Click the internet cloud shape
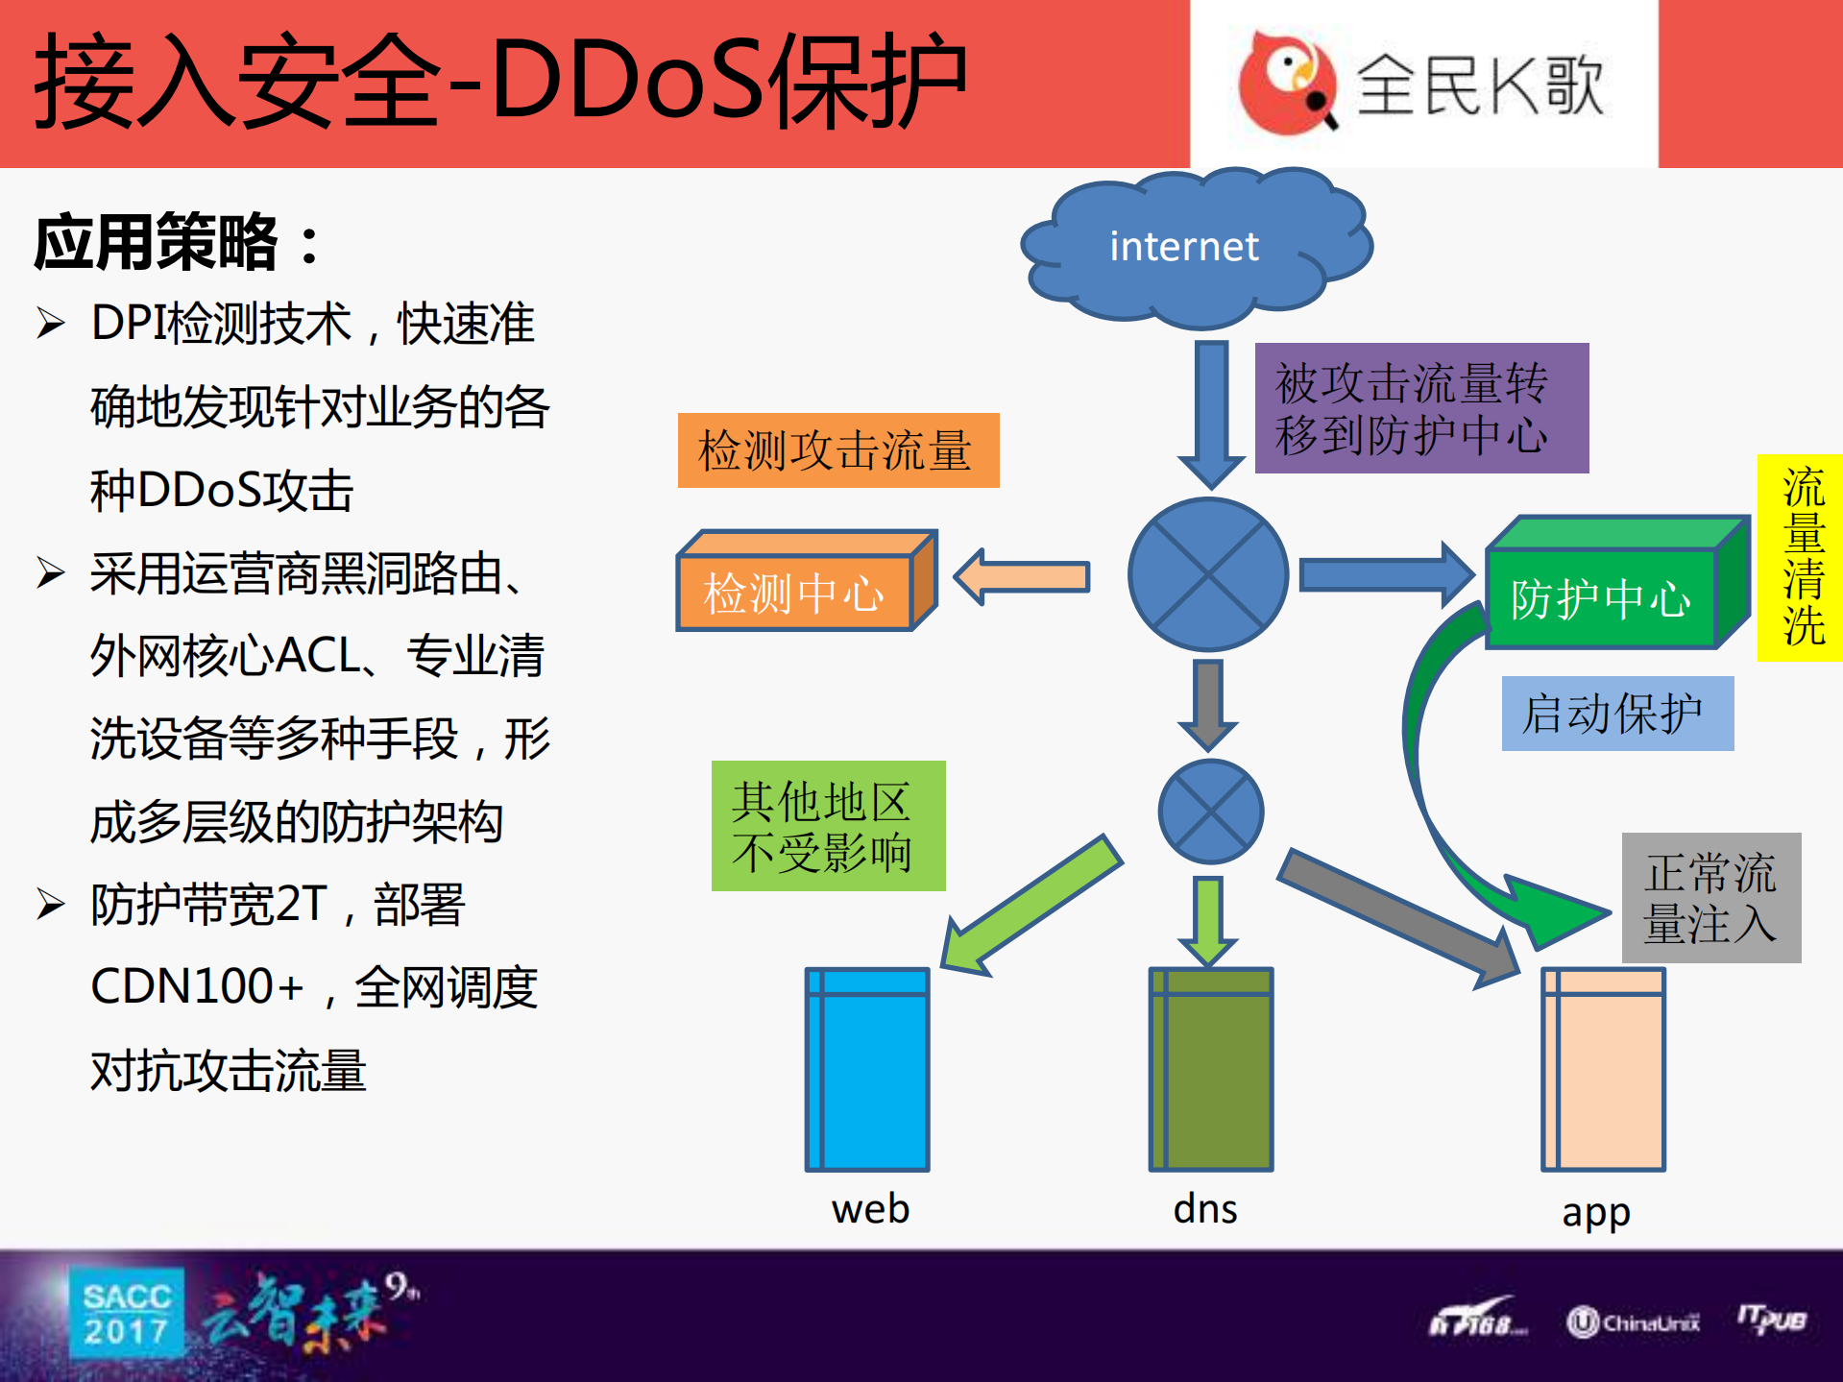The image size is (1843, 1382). click(x=1196, y=247)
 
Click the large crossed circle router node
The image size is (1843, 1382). click(x=1208, y=574)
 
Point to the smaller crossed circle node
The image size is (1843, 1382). click(x=1210, y=812)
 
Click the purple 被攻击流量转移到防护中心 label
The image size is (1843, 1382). click(x=1421, y=408)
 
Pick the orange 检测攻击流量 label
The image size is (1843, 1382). click(x=837, y=450)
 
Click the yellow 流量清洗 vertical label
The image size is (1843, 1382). click(x=1801, y=558)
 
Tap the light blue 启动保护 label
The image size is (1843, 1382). click(x=1617, y=714)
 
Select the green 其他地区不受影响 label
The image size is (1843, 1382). click(x=828, y=826)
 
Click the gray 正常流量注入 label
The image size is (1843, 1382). click(x=1710, y=898)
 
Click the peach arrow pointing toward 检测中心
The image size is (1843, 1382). click(x=1023, y=576)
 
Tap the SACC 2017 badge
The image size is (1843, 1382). click(x=127, y=1313)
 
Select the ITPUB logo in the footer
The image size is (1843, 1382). click(x=1772, y=1320)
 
